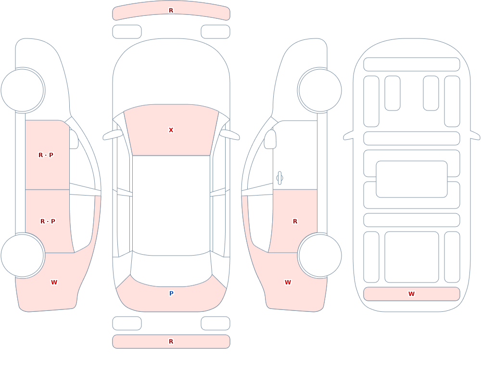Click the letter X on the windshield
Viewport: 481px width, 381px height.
[171, 130]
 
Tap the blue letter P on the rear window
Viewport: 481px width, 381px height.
[172, 294]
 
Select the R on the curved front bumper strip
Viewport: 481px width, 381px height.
[171, 11]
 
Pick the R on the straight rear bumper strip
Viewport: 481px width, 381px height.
[171, 342]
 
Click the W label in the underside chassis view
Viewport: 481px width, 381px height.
[411, 294]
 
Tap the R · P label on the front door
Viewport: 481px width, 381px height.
[46, 155]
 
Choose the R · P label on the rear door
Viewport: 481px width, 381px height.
[48, 221]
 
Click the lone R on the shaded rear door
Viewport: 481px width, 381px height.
[295, 221]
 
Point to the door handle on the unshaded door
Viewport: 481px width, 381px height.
[279, 178]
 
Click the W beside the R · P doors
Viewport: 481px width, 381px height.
[54, 283]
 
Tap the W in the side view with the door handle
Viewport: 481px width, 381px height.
[288, 283]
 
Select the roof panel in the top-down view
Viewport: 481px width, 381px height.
[171, 205]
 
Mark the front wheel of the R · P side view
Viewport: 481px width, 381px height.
[23, 90]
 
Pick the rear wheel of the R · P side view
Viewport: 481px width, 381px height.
[23, 255]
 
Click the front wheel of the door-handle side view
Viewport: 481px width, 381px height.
[320, 90]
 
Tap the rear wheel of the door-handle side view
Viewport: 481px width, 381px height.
[320, 255]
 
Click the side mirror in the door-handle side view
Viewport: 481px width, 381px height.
[270, 139]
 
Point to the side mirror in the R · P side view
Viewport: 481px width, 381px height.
[74, 139]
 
